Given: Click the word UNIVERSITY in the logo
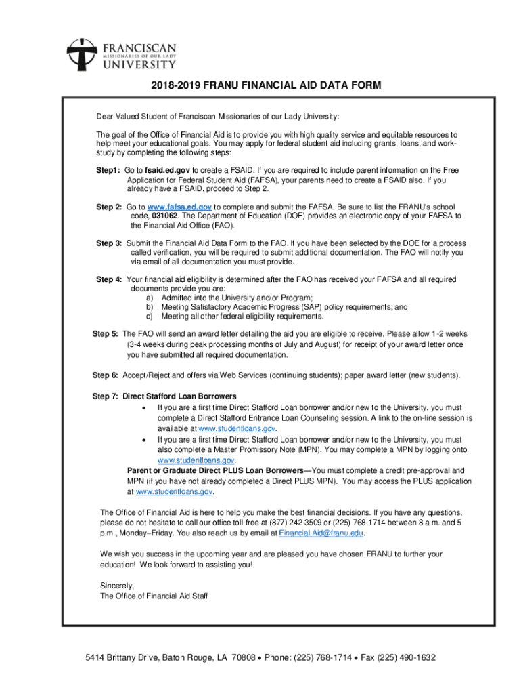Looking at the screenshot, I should tap(139, 64).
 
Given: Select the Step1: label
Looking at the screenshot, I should tap(108, 170).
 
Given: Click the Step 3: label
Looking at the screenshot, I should tap(109, 243).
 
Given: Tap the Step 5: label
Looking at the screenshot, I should tap(106, 334).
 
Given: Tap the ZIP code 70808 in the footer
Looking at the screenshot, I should tap(242, 657).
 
